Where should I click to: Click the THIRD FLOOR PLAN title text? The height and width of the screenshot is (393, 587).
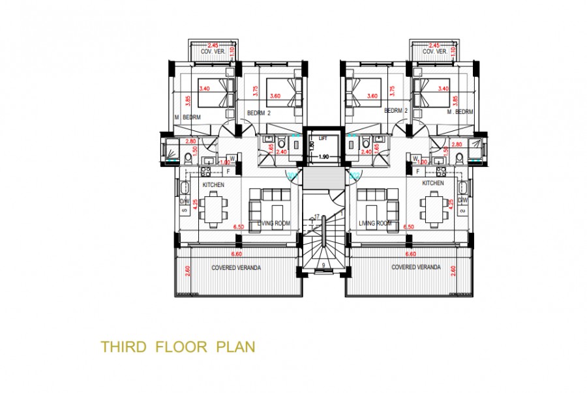177,346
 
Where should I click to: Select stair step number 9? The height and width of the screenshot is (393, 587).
324,265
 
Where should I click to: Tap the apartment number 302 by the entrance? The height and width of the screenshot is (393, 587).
355,175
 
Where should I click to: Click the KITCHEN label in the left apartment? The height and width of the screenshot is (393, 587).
214,184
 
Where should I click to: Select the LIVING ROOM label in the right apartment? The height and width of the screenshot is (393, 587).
375,224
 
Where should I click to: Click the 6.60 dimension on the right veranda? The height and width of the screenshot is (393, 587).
412,254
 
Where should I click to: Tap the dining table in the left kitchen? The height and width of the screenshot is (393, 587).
213,208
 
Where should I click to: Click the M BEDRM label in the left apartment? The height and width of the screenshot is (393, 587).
187,117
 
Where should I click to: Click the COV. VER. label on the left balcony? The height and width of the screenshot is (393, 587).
213,51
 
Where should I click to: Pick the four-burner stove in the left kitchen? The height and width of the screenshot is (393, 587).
204,172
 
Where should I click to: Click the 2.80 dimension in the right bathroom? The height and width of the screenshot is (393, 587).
457,144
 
